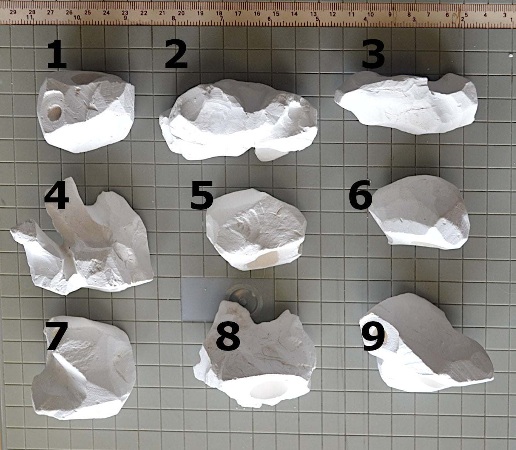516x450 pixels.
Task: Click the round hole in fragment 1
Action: pyautogui.click(x=54, y=113)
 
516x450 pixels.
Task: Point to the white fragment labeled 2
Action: pyautogui.click(x=238, y=120)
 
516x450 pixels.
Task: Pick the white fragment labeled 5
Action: pyautogui.click(x=256, y=229)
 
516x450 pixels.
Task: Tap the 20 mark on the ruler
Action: pyautogui.click(x=181, y=13)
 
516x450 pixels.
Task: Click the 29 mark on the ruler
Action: pyautogui.click(x=13, y=12)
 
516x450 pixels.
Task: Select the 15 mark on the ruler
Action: pyautogui.click(x=276, y=13)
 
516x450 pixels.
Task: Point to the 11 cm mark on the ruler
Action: pyautogui.click(x=351, y=14)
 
